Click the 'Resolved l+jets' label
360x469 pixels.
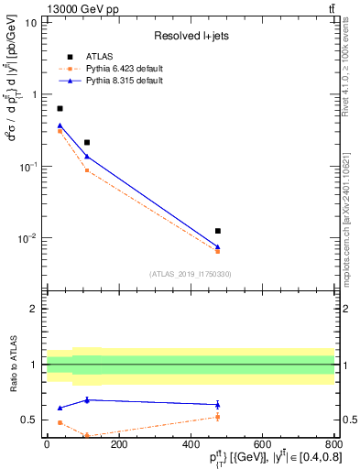coord(190,36)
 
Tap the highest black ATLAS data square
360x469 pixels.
coord(60,108)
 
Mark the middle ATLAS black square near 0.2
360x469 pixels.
coord(87,142)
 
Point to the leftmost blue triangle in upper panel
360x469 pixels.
coord(60,125)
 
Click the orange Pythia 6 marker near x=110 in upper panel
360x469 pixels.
coord(87,170)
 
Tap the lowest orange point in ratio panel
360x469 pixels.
coord(87,435)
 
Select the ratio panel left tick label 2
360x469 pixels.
coord(34,309)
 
